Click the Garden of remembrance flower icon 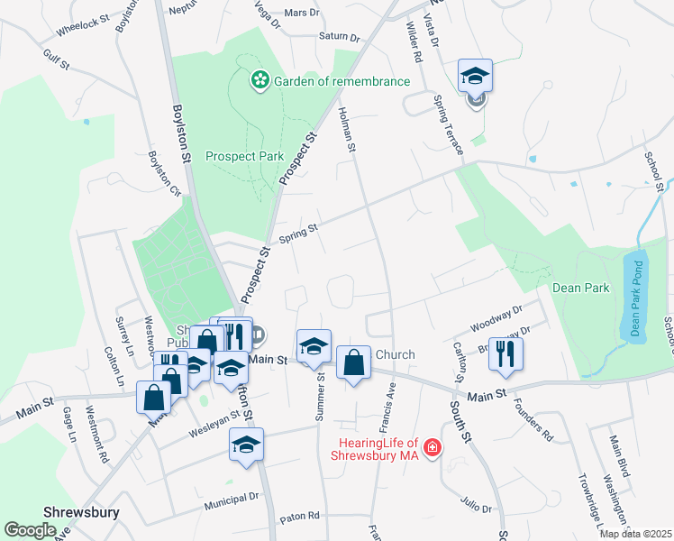[x=260, y=81]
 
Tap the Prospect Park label [x=244, y=156]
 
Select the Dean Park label [x=580, y=289]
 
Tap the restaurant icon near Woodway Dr [x=505, y=353]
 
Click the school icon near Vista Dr [x=475, y=76]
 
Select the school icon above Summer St [x=314, y=346]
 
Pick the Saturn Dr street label [x=339, y=38]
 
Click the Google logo [x=31, y=530]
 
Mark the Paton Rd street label [x=300, y=517]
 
